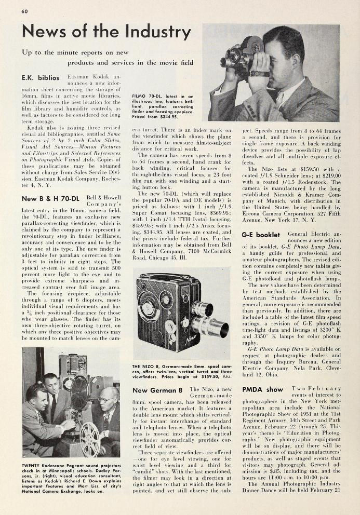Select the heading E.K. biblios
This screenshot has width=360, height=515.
[40, 78]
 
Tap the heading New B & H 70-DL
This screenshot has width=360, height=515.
[50, 198]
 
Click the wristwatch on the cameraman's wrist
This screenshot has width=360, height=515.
[259, 74]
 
